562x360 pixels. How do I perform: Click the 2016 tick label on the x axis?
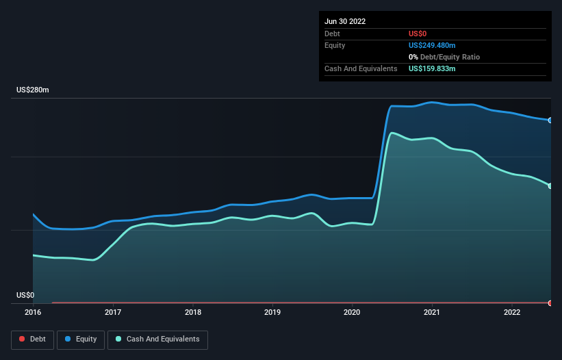click(x=33, y=312)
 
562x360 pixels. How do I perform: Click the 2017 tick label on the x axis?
click(x=113, y=312)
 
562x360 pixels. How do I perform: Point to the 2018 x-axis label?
click(x=193, y=312)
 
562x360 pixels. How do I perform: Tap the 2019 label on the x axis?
click(x=272, y=312)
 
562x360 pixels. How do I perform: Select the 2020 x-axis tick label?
click(x=353, y=312)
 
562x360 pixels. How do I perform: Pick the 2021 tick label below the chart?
click(x=432, y=312)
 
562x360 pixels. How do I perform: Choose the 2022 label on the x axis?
click(x=512, y=312)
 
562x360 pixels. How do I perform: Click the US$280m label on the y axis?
click(x=33, y=90)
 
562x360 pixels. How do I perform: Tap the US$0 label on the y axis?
click(x=25, y=295)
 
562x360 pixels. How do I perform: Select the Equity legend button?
click(x=81, y=339)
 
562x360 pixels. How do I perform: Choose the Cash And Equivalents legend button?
click(x=157, y=339)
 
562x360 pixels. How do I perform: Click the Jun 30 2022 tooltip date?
click(x=345, y=21)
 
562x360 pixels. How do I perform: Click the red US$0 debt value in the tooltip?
click(x=418, y=34)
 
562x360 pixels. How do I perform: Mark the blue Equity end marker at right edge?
click(x=550, y=120)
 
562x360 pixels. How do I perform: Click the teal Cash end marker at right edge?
click(x=550, y=186)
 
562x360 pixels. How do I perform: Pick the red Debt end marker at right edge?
click(x=550, y=303)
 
